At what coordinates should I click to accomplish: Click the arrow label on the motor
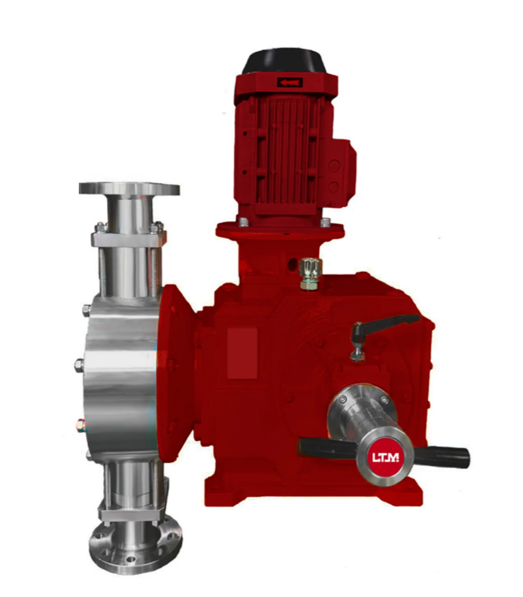(289, 82)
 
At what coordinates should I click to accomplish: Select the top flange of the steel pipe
(129, 189)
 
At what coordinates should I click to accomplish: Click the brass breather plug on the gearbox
(311, 273)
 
